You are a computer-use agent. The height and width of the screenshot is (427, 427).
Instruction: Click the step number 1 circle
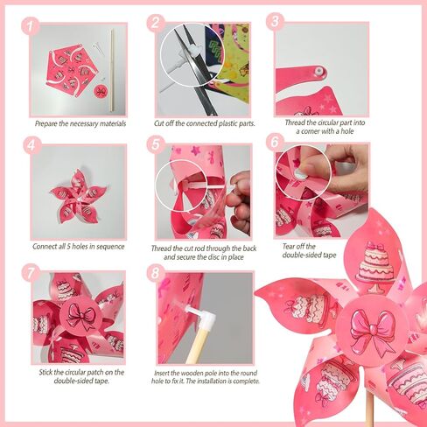[x=31, y=26]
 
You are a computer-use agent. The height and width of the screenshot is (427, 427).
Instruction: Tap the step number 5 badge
[x=156, y=144]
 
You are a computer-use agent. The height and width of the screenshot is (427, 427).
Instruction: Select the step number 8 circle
[x=156, y=273]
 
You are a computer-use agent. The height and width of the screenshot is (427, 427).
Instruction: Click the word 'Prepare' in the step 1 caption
[x=45, y=124]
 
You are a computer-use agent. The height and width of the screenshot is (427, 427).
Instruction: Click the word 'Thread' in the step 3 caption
[x=295, y=122]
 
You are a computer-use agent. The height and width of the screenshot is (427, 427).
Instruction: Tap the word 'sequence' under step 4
[x=110, y=247]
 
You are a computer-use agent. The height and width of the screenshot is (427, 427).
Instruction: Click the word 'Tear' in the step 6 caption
[x=289, y=247]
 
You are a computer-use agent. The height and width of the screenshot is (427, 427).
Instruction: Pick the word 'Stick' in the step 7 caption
[x=45, y=373]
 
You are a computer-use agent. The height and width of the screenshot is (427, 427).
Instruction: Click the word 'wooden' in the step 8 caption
[x=192, y=373]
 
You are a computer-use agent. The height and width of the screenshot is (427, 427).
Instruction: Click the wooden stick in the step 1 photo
[x=112, y=70]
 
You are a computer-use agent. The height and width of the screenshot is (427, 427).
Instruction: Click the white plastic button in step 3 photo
[x=318, y=71]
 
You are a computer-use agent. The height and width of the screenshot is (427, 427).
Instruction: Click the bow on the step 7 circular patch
[x=80, y=316]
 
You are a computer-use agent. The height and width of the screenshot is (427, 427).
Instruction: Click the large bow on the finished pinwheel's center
[x=371, y=328]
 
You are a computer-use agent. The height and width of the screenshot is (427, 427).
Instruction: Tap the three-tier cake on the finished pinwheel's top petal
[x=376, y=266]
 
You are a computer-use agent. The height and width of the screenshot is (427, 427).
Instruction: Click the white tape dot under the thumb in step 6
[x=299, y=175]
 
